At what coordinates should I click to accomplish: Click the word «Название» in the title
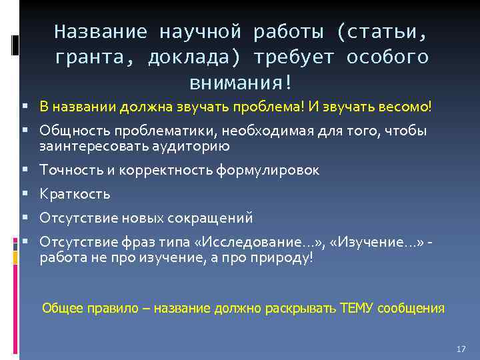(x=99, y=31)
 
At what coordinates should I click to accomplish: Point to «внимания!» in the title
(x=241, y=83)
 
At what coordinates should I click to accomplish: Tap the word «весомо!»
(x=407, y=106)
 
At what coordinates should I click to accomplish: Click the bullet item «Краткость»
(x=75, y=194)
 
